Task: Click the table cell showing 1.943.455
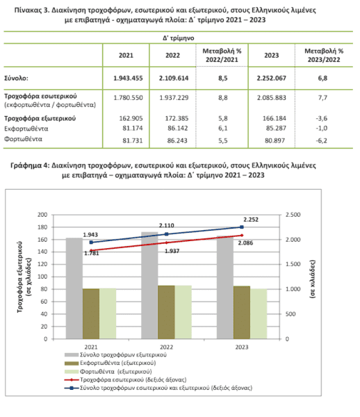[x=128, y=78]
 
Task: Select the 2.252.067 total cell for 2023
[x=272, y=78]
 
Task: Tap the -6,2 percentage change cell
[x=322, y=140]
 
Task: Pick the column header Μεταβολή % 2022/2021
[x=222, y=55]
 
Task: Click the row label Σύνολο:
[x=16, y=78]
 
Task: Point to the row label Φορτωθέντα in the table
[x=23, y=139]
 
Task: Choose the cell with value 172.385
[x=177, y=118]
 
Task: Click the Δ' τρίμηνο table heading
[x=179, y=38]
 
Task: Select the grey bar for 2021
[x=74, y=288]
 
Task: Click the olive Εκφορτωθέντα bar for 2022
[x=166, y=312]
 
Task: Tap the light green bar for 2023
[x=259, y=314]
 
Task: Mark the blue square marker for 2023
[x=242, y=227]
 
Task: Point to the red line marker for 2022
[x=166, y=243]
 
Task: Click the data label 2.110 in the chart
[x=166, y=225]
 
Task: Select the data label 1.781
[x=92, y=253]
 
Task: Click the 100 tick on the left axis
[x=42, y=277]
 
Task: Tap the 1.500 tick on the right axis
[x=293, y=264]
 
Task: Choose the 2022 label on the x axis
[x=166, y=347]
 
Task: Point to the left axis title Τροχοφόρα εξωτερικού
[x=19, y=277]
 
